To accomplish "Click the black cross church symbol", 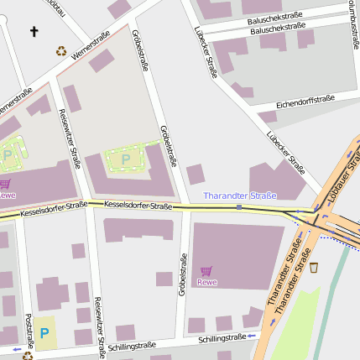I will (34, 32).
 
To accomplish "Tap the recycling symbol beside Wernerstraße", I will (61, 50).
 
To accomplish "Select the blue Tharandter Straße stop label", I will (240, 196).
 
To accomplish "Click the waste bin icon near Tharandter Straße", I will (314, 268).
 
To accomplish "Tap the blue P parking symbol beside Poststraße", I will (44, 333).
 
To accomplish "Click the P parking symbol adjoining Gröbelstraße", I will (126, 158).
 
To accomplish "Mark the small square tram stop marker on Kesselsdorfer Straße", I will (239, 206).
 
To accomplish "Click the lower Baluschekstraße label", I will (278, 28).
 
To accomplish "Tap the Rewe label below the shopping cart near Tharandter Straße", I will (206, 282).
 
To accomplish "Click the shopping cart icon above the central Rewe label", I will (206, 270).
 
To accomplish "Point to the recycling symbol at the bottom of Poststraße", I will (28, 356).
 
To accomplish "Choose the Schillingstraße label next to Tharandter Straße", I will (222, 337).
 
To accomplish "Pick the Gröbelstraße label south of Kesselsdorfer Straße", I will (181, 275).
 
